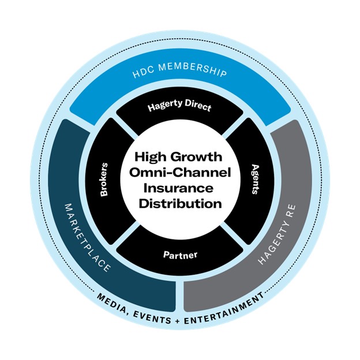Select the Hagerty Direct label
point(179,108)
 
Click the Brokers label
point(105,180)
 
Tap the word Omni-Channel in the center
point(179,172)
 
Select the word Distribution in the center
point(179,204)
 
